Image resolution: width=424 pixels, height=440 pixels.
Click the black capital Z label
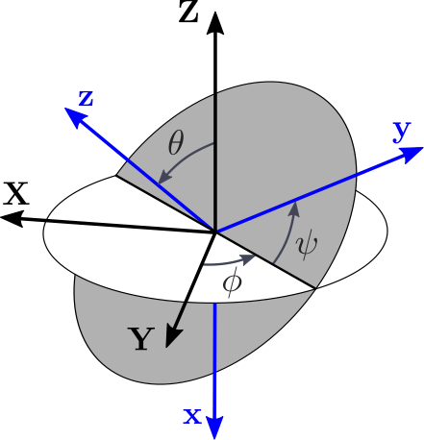(188, 12)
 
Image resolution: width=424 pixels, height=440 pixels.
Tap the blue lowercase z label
(87, 98)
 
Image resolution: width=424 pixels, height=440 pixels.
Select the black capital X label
(16, 193)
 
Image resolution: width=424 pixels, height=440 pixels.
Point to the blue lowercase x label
(192, 416)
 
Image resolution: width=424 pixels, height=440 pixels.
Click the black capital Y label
(141, 339)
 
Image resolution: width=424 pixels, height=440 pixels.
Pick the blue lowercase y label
(402, 132)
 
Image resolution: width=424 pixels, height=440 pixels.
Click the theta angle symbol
(176, 143)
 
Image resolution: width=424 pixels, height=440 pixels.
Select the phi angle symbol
(232, 283)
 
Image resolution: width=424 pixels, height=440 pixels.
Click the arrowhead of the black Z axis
(214, 23)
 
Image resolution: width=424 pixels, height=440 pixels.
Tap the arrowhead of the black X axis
(12, 219)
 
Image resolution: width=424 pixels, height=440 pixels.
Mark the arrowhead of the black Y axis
(173, 337)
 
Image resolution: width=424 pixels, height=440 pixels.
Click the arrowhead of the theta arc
(164, 178)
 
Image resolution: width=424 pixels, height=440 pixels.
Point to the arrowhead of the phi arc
(248, 258)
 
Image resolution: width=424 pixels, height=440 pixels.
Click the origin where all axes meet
(214, 231)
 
